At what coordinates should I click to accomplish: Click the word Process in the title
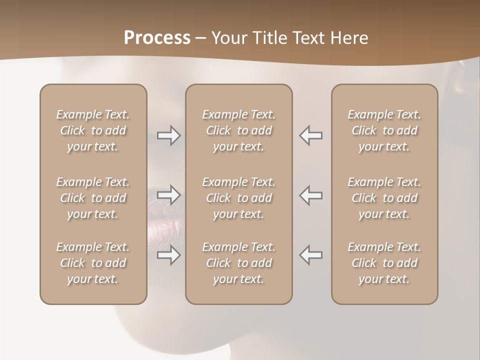pos(157,38)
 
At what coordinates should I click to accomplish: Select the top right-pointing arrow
pos(169,135)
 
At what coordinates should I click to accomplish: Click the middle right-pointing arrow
pos(169,195)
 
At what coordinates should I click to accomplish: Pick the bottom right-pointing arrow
pos(169,255)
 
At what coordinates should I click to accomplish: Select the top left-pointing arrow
pos(311,135)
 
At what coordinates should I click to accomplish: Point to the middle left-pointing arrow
pos(311,195)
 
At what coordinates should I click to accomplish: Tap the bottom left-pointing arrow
pos(311,255)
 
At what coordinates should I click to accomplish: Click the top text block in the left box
pos(93,130)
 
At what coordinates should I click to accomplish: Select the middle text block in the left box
pos(93,198)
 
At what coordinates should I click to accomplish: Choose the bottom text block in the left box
pos(93,263)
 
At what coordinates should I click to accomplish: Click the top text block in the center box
pos(238,130)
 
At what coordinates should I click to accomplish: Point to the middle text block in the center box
pos(238,198)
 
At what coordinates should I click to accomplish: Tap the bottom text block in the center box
pos(238,263)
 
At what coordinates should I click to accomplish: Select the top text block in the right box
pos(384,130)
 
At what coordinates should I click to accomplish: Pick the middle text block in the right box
pos(384,198)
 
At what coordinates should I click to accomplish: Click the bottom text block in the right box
pos(384,263)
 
